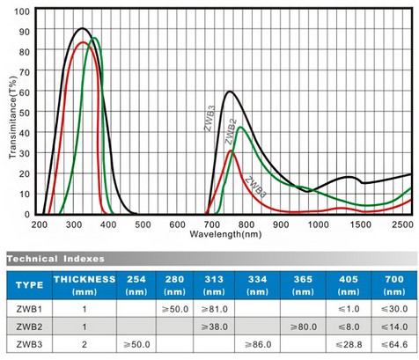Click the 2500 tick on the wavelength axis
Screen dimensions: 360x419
(x=401, y=224)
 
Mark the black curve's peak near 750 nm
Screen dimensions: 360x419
(x=230, y=92)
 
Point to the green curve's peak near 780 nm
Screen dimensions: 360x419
(x=241, y=128)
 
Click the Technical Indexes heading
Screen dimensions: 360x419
(x=55, y=259)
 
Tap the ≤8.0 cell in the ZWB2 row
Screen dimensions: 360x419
(x=348, y=327)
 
